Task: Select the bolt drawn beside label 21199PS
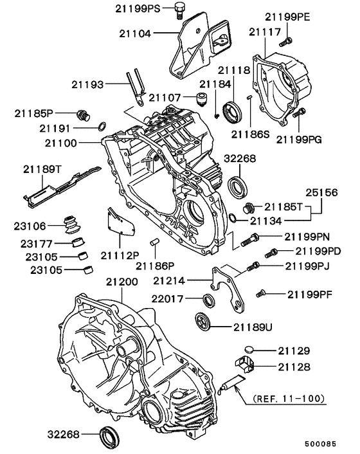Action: pyautogui.click(x=180, y=10)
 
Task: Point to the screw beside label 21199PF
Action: pyautogui.click(x=260, y=295)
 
